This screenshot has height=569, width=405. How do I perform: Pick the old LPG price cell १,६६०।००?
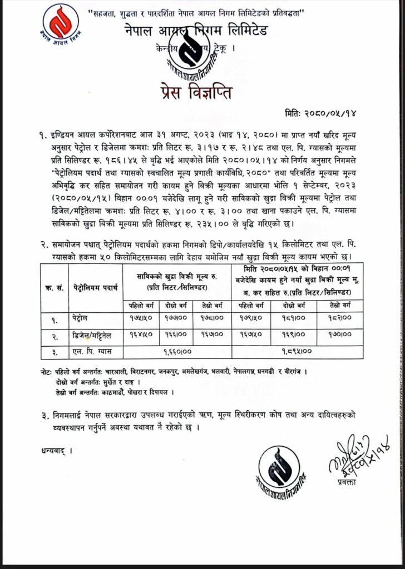pos(177,352)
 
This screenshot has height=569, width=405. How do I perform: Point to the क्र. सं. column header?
pos(54,288)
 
